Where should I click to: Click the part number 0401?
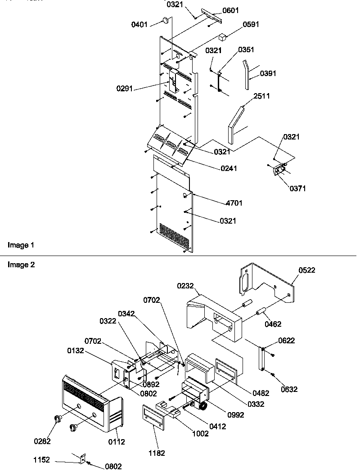click(x=139, y=24)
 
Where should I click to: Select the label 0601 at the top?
click(x=231, y=10)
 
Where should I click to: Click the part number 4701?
click(x=234, y=203)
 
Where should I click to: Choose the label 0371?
click(x=297, y=189)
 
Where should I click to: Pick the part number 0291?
click(x=124, y=89)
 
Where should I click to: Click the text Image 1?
click(x=21, y=245)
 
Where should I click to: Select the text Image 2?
click(x=21, y=265)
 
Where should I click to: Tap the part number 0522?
click(x=306, y=270)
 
